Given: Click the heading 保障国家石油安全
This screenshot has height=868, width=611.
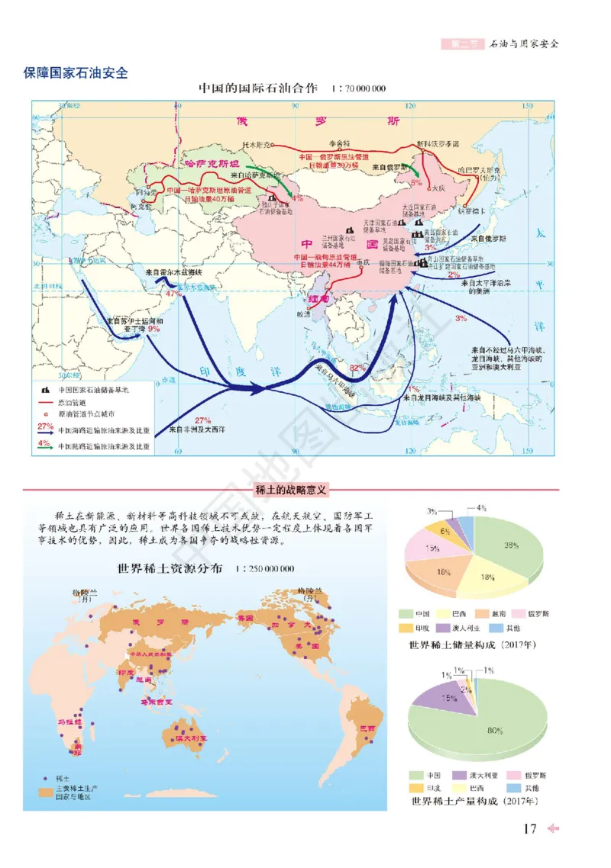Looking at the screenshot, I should coord(76,74).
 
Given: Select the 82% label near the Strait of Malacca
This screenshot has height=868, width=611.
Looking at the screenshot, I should coord(357,368).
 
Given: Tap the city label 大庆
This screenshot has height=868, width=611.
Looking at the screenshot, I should coord(437,186).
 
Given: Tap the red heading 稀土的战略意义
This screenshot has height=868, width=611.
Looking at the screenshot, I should coord(289,490).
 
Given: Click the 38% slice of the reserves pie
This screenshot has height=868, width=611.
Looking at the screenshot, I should coord(511,545).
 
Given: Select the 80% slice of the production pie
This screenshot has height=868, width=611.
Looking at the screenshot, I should coord(495,730).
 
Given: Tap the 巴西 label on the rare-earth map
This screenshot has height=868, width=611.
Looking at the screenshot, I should coord(367,728).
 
